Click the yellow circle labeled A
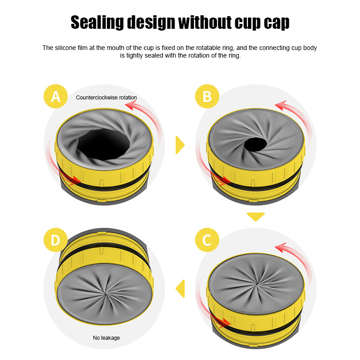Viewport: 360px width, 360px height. click(55, 96)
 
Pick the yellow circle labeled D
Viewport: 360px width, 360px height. click(55, 240)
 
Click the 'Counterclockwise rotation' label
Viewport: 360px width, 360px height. click(106, 97)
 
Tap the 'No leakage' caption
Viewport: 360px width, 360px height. click(107, 337)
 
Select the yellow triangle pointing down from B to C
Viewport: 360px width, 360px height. click(256, 216)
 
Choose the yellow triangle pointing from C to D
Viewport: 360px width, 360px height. click(180, 288)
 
